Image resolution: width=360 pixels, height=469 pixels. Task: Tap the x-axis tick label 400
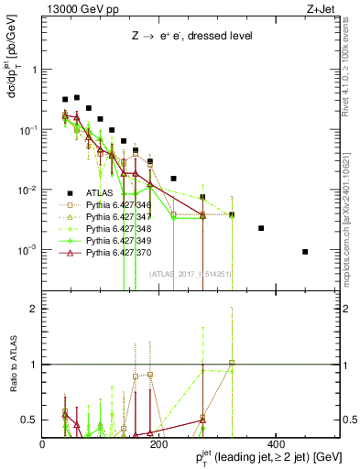pos(275,444)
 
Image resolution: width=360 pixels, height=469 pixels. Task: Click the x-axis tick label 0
pos(43,444)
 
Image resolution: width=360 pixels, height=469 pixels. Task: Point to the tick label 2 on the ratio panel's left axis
pos(34,309)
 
